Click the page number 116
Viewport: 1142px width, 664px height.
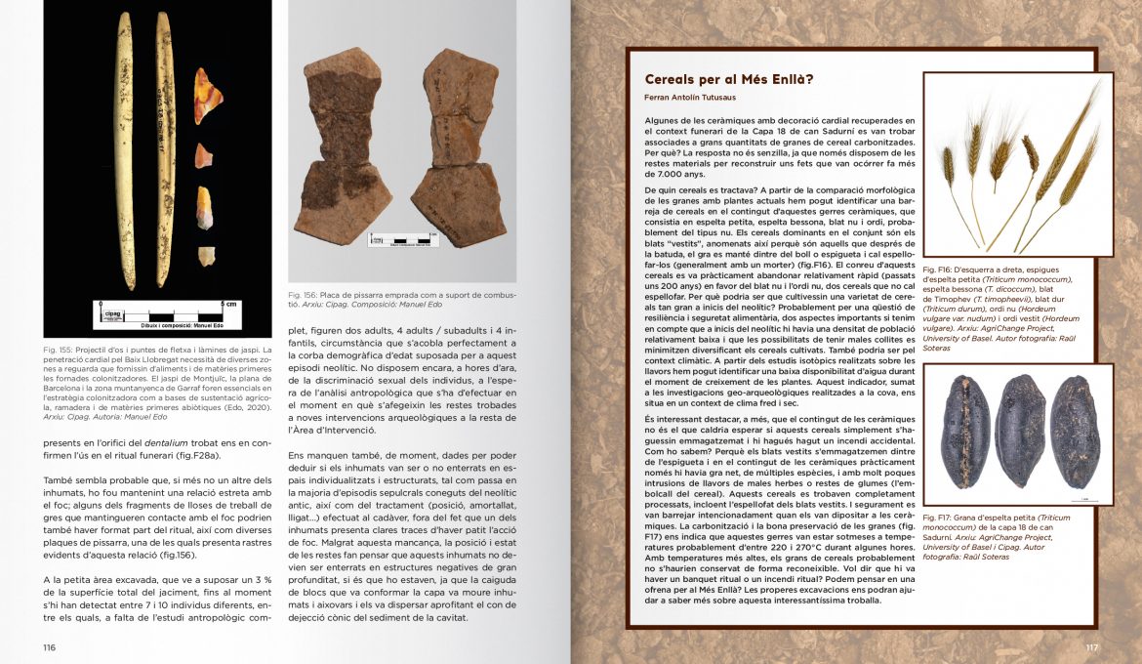click(x=49, y=647)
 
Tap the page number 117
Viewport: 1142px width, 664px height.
click(x=1092, y=647)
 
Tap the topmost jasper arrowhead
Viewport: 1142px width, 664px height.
click(x=203, y=96)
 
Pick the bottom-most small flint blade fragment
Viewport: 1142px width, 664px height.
click(x=206, y=256)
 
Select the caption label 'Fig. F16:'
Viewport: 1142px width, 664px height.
click(x=938, y=267)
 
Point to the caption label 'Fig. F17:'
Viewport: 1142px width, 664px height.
click(x=938, y=518)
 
